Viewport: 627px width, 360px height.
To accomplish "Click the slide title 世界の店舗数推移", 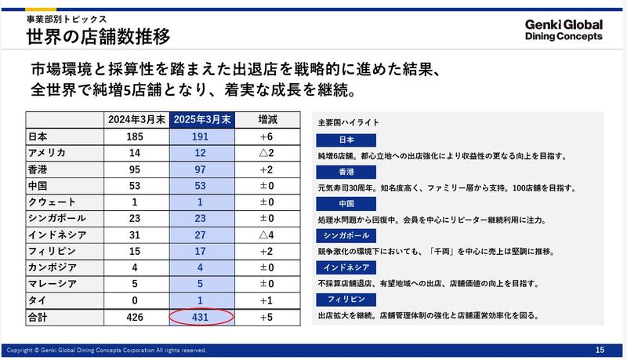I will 98,37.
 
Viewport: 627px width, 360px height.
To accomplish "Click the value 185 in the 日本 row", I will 138,136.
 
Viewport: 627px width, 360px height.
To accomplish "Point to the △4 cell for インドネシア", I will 267,235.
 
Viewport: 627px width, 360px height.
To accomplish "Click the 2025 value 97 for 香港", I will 202,169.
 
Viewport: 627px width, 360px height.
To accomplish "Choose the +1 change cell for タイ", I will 267,300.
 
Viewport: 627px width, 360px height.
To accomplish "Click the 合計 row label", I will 39,318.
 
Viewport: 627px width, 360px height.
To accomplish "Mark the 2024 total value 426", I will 138,318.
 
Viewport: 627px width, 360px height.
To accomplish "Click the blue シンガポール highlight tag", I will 348,235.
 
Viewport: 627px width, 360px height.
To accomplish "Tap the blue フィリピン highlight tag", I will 348,299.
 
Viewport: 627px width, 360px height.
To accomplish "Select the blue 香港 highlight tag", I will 348,172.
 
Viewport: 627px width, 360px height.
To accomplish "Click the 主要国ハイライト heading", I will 349,123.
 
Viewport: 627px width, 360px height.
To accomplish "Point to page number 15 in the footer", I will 600,349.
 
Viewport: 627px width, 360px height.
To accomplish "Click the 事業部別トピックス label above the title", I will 66,17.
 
